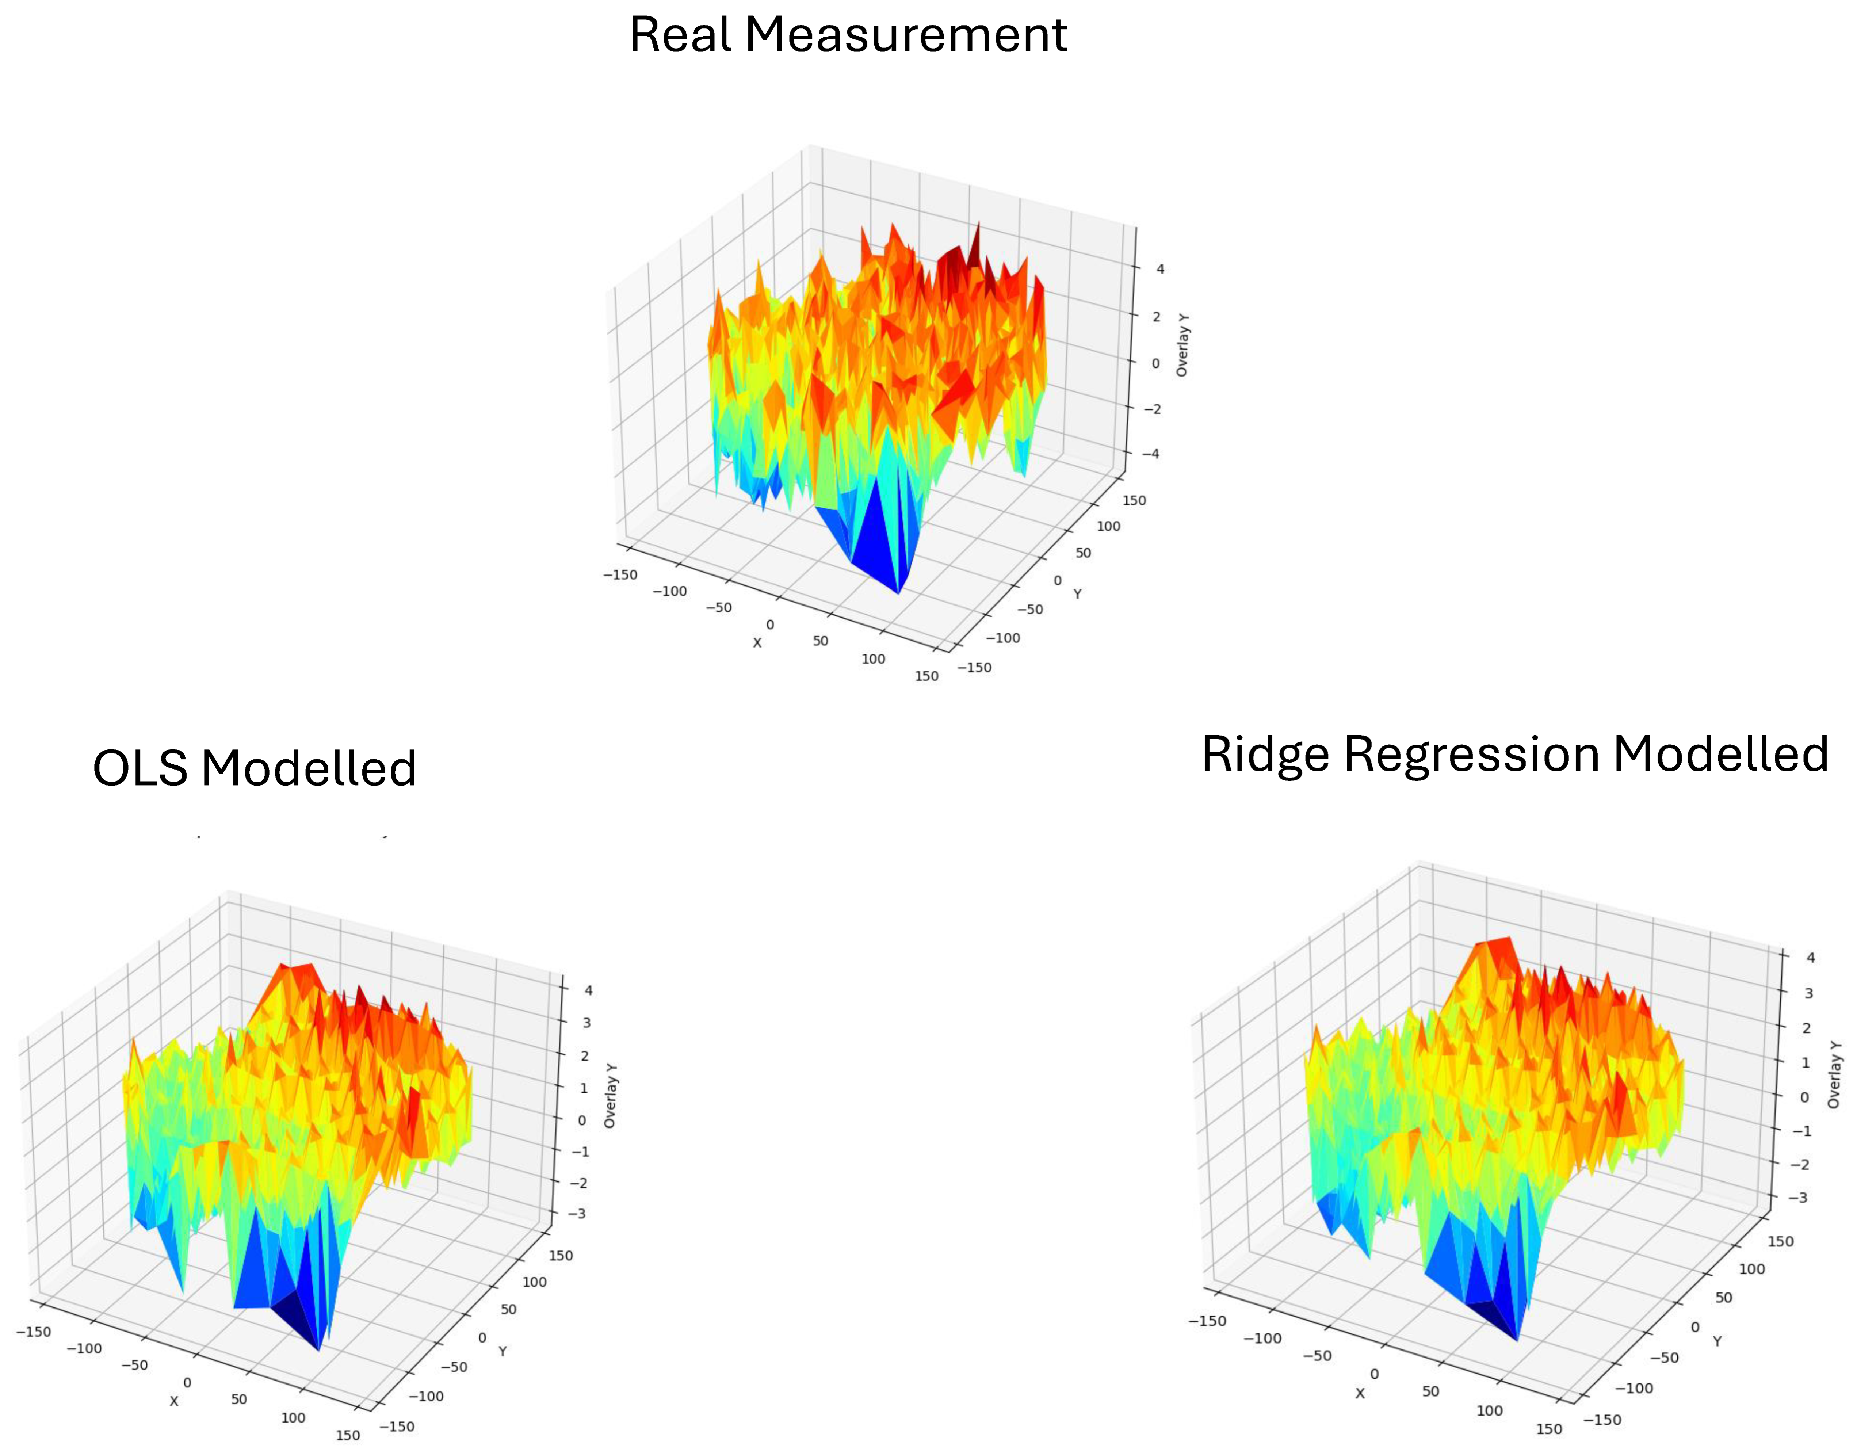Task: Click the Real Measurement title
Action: pos(848,36)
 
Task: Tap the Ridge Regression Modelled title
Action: pos(1514,755)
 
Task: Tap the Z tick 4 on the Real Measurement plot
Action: pos(1160,269)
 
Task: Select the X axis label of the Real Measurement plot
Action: pos(757,643)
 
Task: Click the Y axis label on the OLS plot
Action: pos(503,1352)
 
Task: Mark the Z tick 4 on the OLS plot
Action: pos(588,990)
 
